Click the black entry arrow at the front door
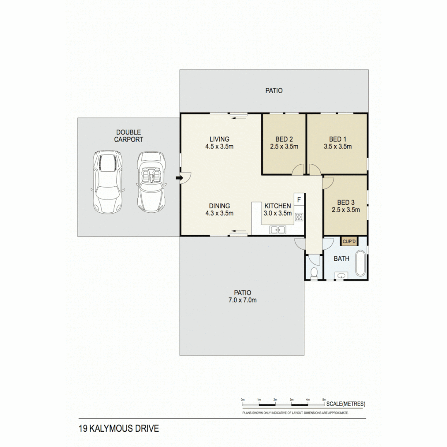[x=178, y=178]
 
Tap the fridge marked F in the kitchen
[x=299, y=200]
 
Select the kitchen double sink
[x=277, y=230]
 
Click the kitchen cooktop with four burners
[x=299, y=216]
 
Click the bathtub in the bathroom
[x=361, y=263]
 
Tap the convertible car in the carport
[x=151, y=182]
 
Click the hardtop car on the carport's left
[x=107, y=181]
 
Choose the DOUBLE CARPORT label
[x=129, y=136]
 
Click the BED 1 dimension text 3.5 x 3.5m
[x=337, y=146]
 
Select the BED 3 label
[x=346, y=202]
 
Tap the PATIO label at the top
[x=274, y=90]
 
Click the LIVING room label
[x=219, y=139]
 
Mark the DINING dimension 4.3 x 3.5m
[x=219, y=213]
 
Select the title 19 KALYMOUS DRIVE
[x=118, y=428]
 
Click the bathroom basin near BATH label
[x=342, y=275]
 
